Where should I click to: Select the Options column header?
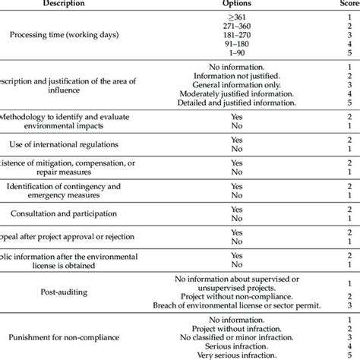click(236, 5)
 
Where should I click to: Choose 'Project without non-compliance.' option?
click(236, 294)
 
